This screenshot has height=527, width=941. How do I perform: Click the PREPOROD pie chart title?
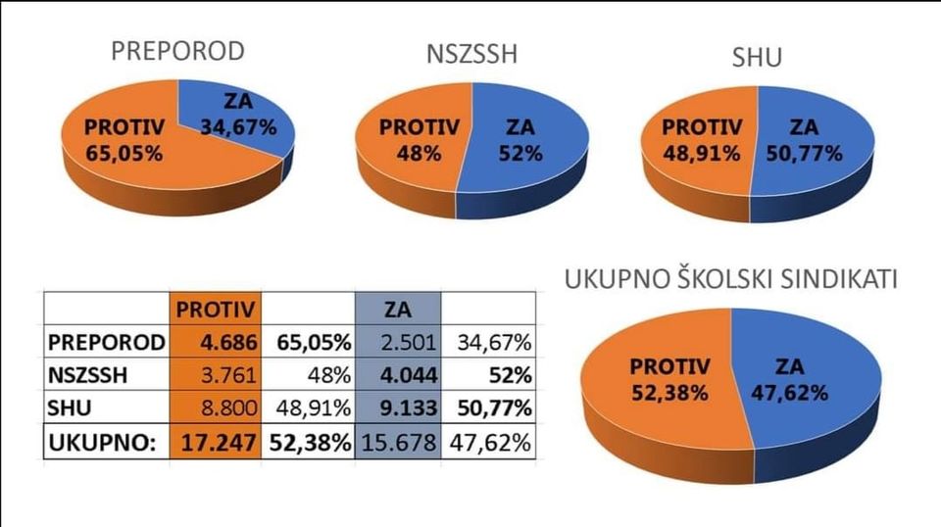(177, 52)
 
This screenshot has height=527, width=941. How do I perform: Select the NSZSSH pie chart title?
(472, 54)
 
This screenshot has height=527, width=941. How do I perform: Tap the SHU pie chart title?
(757, 58)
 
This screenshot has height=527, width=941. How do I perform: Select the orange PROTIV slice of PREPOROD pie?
(123, 142)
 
